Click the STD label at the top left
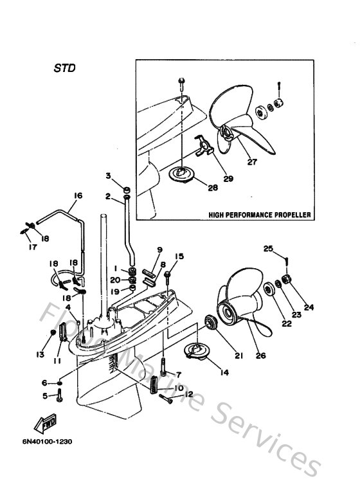(x=64, y=66)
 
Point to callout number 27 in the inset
(x=252, y=162)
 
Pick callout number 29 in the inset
(x=228, y=178)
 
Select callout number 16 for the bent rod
(x=78, y=195)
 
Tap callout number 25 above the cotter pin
(x=268, y=248)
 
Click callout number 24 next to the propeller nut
(x=310, y=307)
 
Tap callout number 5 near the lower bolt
(x=44, y=396)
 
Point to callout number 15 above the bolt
(x=179, y=257)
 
